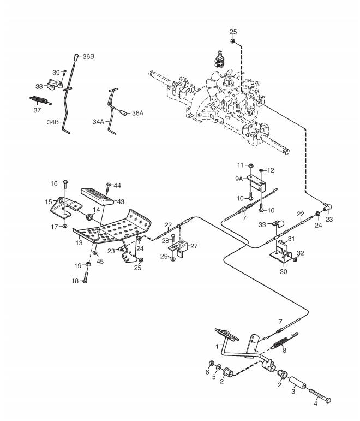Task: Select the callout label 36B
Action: (x=88, y=57)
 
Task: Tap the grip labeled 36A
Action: (x=123, y=112)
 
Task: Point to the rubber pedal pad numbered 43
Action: (x=97, y=195)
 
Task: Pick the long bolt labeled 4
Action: (x=320, y=395)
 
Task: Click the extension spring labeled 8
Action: (x=283, y=341)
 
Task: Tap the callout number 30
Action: (x=283, y=271)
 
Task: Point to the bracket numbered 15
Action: (x=65, y=207)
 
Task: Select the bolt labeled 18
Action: (x=85, y=276)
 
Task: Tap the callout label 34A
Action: (x=98, y=122)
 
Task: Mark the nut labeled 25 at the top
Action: (x=232, y=41)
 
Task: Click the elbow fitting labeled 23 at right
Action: (x=327, y=207)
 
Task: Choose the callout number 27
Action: (x=194, y=246)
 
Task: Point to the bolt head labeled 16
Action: (x=65, y=182)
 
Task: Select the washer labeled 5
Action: (x=219, y=367)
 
